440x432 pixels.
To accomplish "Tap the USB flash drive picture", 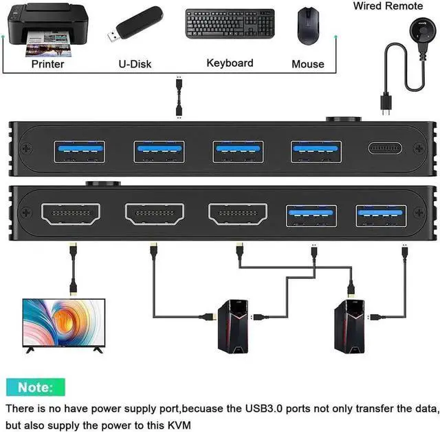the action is click(135, 24).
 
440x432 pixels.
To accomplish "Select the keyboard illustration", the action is click(230, 24).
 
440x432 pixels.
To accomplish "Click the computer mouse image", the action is click(308, 26).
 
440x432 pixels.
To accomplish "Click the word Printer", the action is click(47, 64).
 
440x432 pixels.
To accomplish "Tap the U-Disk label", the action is click(135, 64).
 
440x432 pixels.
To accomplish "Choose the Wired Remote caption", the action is click(388, 6).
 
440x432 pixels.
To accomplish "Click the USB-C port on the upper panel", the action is click(385, 148).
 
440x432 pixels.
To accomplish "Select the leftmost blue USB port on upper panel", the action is click(80, 152).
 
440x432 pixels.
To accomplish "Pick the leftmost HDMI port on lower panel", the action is click(71, 214).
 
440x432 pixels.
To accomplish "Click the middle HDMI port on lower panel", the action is click(155, 214).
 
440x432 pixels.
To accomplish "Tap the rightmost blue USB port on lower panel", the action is click(381, 216).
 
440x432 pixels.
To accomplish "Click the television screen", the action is click(64, 322).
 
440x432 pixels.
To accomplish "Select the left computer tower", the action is click(233, 327).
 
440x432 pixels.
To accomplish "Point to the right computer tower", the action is click(349, 327).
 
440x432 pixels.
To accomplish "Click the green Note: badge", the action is click(36, 387).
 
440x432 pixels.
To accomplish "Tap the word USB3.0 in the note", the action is click(264, 409).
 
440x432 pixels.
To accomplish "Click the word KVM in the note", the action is click(179, 425).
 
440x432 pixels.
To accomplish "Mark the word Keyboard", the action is click(230, 63).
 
